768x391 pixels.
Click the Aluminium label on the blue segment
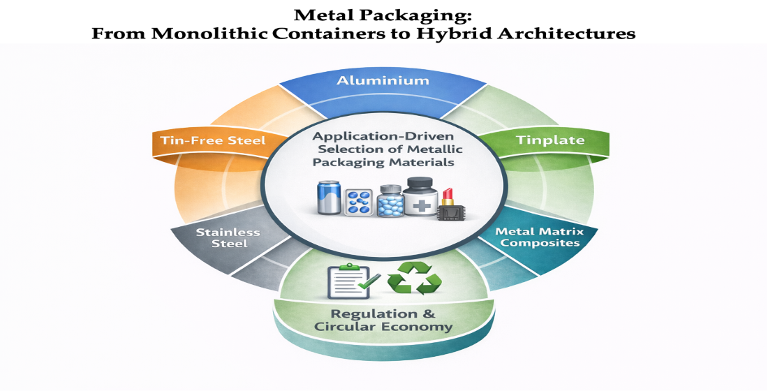[x=383, y=81]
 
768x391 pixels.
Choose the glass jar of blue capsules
[x=391, y=203]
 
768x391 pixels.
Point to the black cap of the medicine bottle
[x=422, y=184]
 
